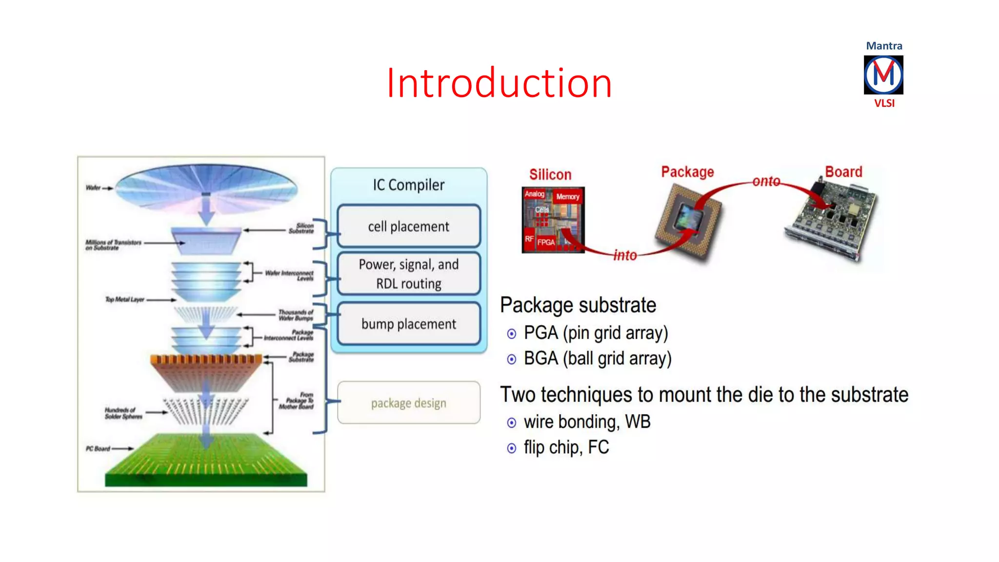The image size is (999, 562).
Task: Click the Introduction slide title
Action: (499, 83)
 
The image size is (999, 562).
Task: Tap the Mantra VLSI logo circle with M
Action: (883, 75)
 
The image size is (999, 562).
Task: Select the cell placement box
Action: (409, 226)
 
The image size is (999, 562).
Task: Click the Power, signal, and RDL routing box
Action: (409, 274)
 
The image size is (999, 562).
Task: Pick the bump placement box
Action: (409, 324)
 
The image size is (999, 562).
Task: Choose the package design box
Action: (409, 403)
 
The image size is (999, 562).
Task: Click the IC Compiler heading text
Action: (409, 185)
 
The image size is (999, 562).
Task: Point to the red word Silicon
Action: (550, 175)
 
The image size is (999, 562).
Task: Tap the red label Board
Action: (843, 172)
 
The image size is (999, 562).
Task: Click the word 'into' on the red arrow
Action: (625, 255)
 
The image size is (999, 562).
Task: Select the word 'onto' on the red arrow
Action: (766, 181)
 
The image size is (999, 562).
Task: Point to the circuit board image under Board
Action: (832, 220)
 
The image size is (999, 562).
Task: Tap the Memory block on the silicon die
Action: (568, 197)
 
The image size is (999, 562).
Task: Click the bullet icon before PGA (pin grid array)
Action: (511, 334)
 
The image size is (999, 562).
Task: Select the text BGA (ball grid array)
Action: (598, 359)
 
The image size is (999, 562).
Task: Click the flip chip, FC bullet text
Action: (566, 447)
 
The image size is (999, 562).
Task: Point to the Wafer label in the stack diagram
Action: (93, 188)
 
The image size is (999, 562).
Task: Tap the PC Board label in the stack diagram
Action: (98, 448)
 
